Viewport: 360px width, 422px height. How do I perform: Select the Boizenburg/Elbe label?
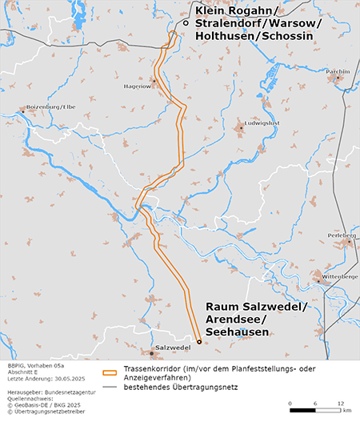(x=51, y=107)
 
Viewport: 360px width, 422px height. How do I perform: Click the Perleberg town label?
(x=342, y=235)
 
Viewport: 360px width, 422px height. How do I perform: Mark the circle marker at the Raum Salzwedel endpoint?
(x=199, y=342)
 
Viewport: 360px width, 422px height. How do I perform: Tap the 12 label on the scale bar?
(x=341, y=402)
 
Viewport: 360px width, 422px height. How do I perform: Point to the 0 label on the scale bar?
(x=290, y=402)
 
